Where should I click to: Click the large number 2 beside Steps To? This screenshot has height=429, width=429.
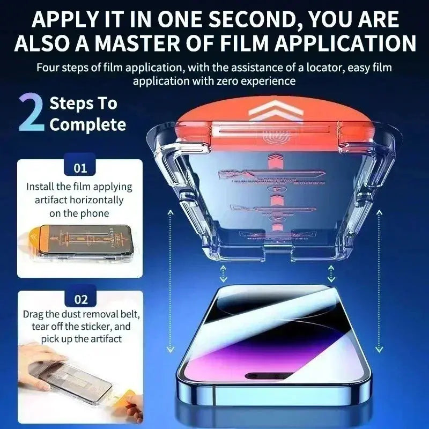[x=31, y=113]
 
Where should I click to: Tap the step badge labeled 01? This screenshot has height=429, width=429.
[x=80, y=168]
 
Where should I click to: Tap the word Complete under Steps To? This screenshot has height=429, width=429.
[x=88, y=125]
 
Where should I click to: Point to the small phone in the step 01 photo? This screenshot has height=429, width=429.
[x=80, y=244]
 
